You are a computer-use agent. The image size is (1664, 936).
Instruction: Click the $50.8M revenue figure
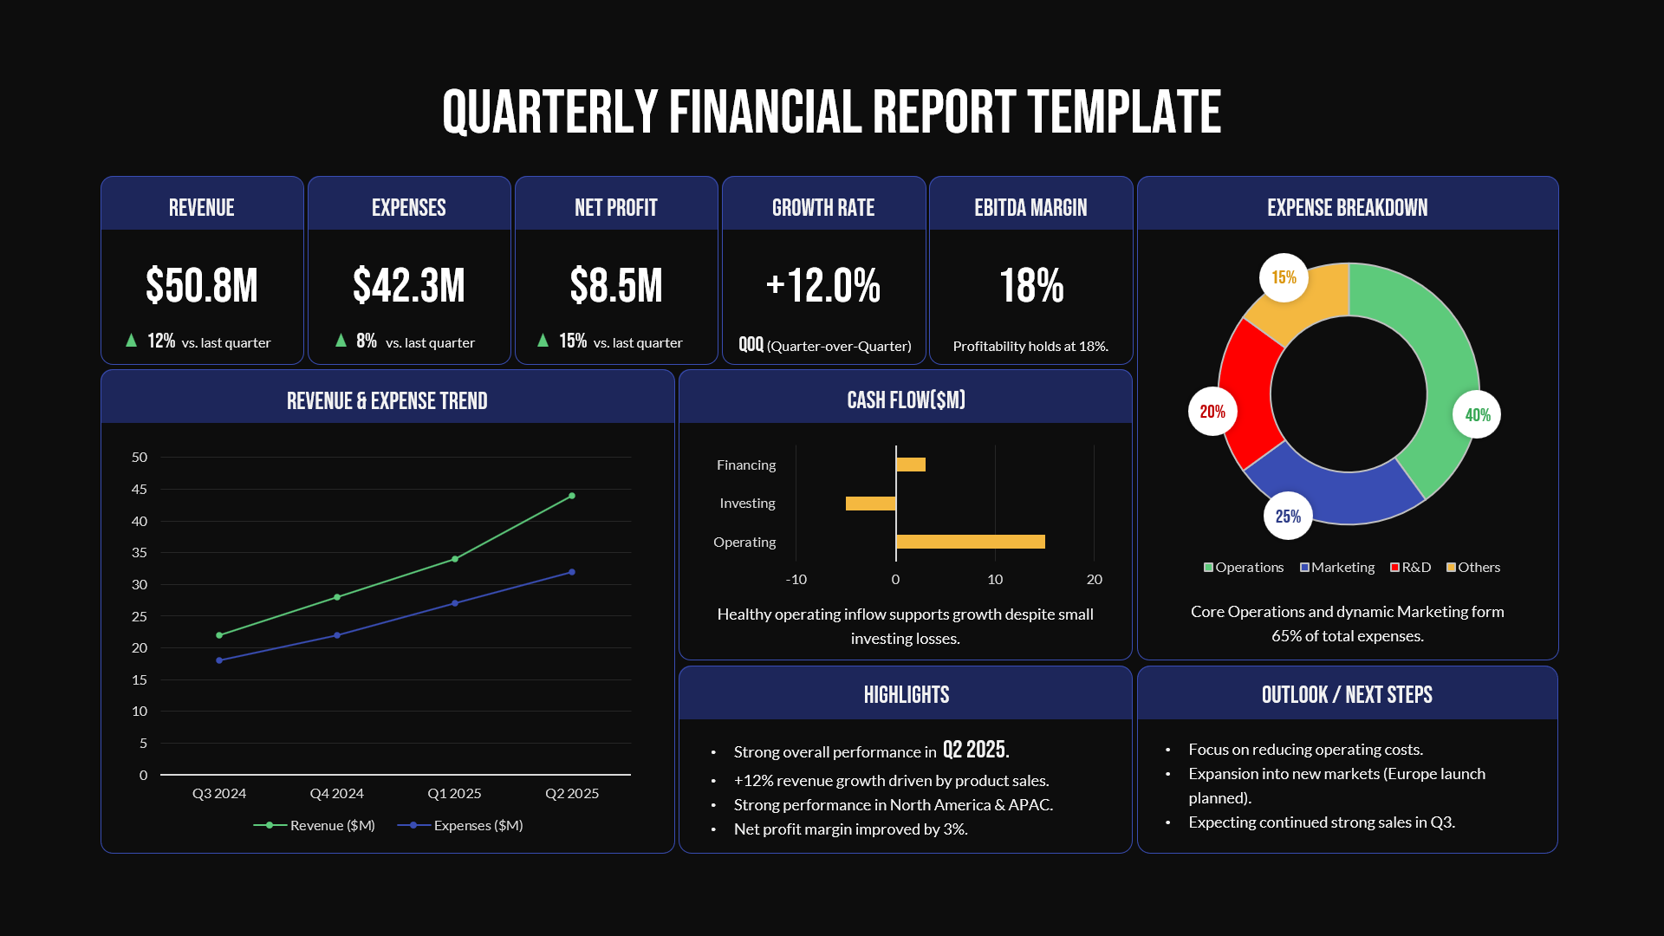[x=201, y=286]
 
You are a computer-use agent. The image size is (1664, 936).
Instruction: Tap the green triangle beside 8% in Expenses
[x=341, y=341]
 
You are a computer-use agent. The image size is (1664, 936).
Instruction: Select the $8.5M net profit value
[x=615, y=286]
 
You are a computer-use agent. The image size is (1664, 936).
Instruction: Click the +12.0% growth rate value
[x=823, y=286]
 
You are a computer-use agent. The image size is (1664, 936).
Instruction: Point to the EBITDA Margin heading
[x=1030, y=208]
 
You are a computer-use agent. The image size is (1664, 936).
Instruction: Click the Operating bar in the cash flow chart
[x=970, y=542]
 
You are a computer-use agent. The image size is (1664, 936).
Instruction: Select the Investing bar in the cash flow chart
[x=870, y=504]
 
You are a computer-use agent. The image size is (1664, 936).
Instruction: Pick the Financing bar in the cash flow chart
[x=911, y=465]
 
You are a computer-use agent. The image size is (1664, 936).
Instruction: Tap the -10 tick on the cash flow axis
[x=796, y=579]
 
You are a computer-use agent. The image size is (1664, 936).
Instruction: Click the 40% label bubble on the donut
[x=1477, y=415]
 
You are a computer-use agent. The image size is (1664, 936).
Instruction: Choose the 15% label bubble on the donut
[x=1284, y=277]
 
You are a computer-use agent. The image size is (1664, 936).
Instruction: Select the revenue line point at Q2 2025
[x=572, y=496]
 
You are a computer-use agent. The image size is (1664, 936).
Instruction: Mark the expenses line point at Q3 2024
[x=219, y=660]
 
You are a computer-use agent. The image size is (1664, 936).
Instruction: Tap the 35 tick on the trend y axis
[x=140, y=553]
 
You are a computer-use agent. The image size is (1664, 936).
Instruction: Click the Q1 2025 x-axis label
[x=454, y=793]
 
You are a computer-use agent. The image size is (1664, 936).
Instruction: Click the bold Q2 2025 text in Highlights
[x=976, y=750]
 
